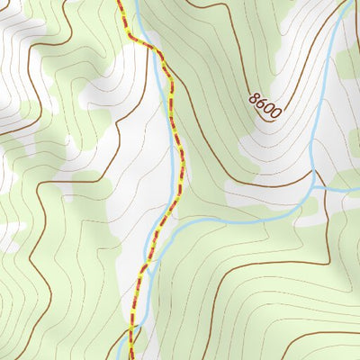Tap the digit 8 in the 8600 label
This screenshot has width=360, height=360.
pos(255,96)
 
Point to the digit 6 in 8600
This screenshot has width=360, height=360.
pos(262,103)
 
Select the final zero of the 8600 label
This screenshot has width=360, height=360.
pos(277,115)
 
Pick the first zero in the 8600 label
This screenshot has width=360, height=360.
pos(270,109)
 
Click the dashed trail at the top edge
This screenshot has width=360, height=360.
pos(120,4)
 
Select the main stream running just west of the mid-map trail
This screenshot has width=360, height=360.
pos(172,162)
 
